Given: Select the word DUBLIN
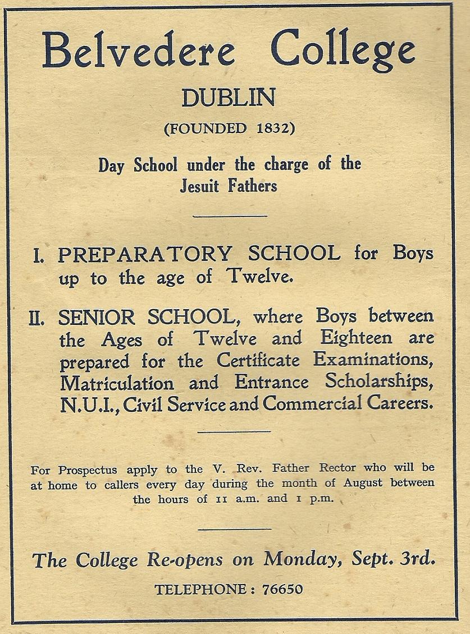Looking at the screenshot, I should point(229,99).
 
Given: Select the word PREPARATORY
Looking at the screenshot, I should point(144,254).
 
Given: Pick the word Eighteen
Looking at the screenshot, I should point(356,338).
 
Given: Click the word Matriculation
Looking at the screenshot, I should point(117,383).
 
